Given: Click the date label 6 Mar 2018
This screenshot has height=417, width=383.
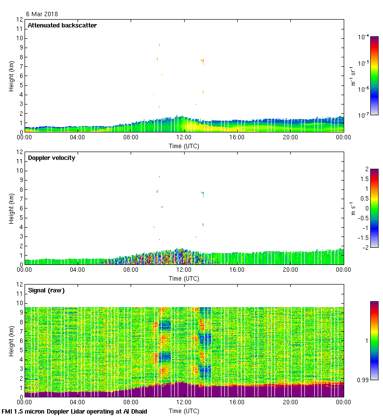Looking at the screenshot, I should [x=42, y=14].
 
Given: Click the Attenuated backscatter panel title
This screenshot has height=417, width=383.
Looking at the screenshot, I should [x=62, y=26].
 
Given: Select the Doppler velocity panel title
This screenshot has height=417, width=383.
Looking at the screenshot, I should [x=52, y=158].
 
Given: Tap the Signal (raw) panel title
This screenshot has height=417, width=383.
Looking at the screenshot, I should [x=46, y=290].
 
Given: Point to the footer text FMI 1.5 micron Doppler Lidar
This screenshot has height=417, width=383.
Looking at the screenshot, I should [x=74, y=412].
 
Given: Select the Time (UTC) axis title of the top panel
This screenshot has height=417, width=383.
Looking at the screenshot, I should [x=184, y=146].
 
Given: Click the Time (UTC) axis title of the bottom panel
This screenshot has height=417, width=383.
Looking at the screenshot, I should [x=184, y=411].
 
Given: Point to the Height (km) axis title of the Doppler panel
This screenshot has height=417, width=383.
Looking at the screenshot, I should [x=11, y=208].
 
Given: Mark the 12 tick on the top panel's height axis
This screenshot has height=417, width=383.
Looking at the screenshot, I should [x=20, y=20].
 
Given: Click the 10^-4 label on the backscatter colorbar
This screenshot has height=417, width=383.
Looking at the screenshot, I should [x=363, y=37].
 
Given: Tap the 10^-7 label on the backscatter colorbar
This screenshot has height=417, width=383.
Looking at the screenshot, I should [x=363, y=115].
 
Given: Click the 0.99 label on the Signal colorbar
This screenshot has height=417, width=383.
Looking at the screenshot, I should [x=362, y=380].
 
